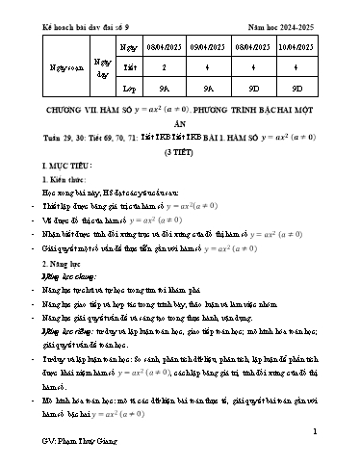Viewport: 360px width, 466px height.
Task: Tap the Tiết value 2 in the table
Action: (153, 67)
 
